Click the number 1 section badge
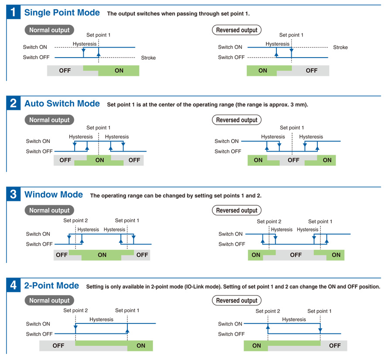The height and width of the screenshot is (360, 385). (13, 12)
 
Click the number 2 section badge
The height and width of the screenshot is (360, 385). (13, 103)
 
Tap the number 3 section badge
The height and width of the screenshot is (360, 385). (13, 194)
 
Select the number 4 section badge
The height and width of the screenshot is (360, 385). (13, 285)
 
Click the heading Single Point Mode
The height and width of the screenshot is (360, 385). (62, 13)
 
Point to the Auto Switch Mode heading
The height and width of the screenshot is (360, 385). (62, 104)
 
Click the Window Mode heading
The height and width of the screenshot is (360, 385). (53, 195)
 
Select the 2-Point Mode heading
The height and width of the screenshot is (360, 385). (51, 286)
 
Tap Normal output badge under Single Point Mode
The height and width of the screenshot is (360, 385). (49, 30)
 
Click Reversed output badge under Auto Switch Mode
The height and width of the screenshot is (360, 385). (237, 120)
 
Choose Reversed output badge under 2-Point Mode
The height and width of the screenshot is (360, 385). (237, 300)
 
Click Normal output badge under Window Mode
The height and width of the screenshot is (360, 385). (49, 211)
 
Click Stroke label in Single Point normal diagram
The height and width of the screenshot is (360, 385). (148, 58)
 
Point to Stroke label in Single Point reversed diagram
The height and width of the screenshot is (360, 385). (341, 47)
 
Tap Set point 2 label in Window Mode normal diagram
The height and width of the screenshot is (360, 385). (75, 221)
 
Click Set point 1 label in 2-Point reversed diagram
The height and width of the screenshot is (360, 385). (319, 311)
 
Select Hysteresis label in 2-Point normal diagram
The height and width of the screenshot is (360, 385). (101, 319)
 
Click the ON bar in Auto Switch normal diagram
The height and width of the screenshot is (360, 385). (100, 160)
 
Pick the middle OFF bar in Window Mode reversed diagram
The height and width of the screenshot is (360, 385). (296, 255)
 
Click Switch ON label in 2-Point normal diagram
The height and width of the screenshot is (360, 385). (38, 324)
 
